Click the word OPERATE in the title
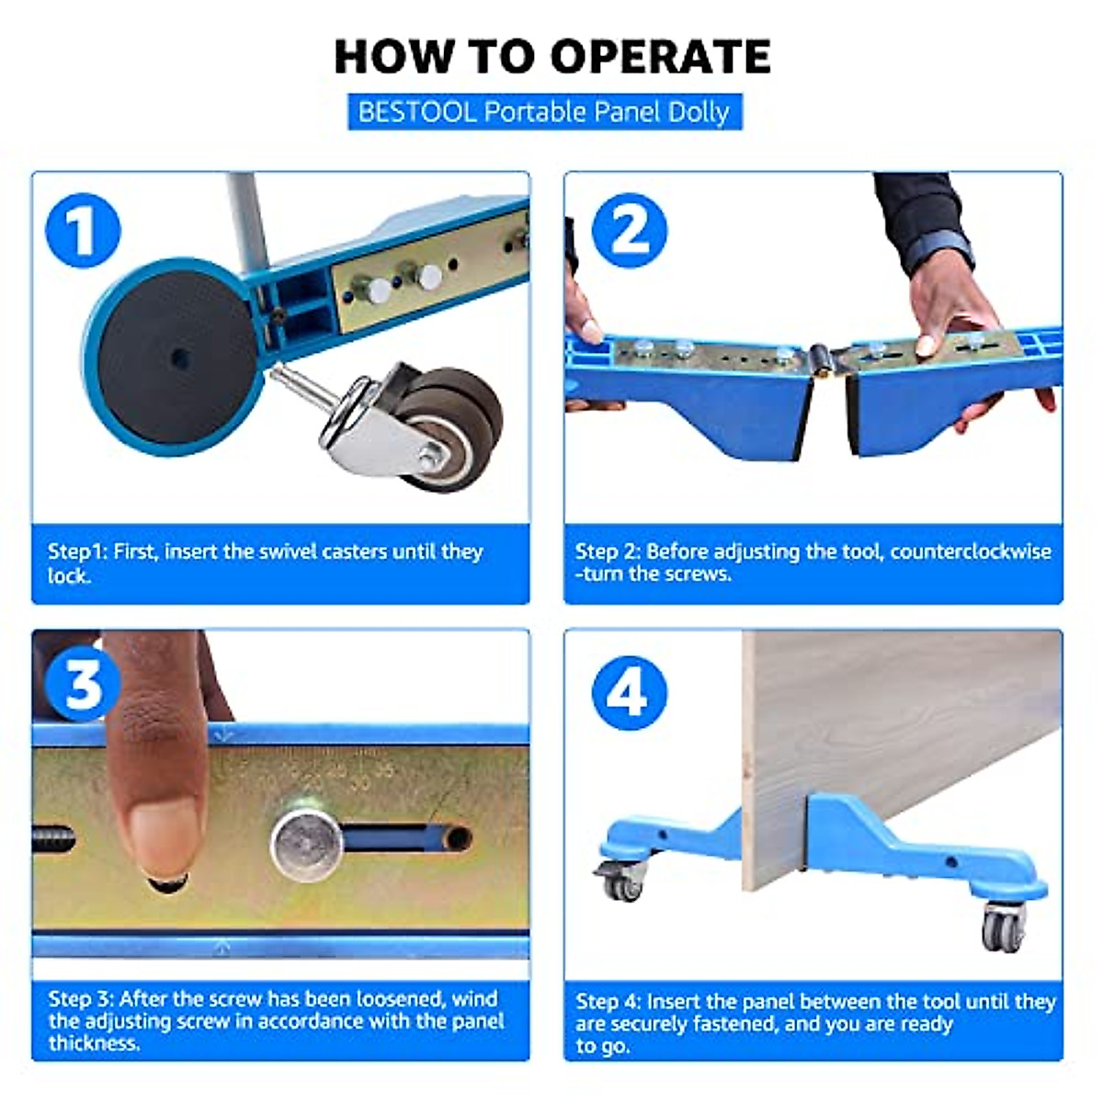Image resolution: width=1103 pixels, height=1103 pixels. click(x=661, y=57)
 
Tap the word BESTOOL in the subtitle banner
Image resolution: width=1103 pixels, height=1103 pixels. click(x=416, y=112)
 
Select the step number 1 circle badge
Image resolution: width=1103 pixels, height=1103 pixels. click(x=84, y=231)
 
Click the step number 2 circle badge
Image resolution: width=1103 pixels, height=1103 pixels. click(x=630, y=231)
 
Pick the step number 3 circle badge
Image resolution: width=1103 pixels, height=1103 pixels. click(x=84, y=684)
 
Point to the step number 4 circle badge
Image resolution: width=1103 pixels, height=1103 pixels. click(x=630, y=694)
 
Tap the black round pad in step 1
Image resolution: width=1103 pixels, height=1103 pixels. click(x=177, y=358)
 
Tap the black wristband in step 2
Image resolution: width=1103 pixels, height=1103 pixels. click(x=938, y=251)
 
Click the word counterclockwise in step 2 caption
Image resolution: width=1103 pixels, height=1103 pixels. click(x=972, y=551)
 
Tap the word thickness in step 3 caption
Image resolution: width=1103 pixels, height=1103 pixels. click(x=94, y=1043)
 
